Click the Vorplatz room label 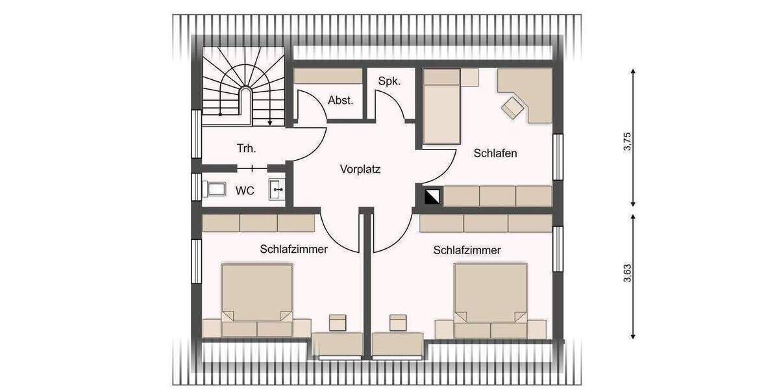(x=360, y=170)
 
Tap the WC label (x=244, y=190)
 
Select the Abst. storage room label (x=340, y=101)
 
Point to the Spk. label (x=389, y=81)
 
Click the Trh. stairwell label (x=246, y=149)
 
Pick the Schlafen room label (x=495, y=153)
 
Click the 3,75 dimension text (x=627, y=137)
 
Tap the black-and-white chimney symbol (x=432, y=196)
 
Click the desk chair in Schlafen (x=513, y=107)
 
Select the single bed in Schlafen (x=441, y=107)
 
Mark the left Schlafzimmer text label (x=293, y=249)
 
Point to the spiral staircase (x=243, y=84)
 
